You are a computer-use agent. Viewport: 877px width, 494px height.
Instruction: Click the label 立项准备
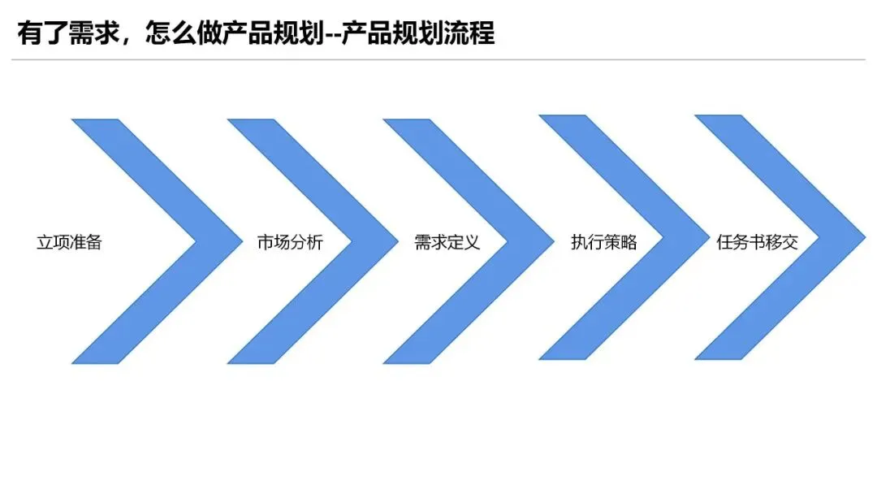(x=69, y=242)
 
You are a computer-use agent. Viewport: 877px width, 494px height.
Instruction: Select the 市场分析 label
(x=290, y=242)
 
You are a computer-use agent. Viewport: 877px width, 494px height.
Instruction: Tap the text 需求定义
(x=447, y=242)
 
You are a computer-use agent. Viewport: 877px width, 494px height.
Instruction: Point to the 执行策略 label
(x=603, y=242)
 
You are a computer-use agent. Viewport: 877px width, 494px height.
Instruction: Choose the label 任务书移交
(x=758, y=242)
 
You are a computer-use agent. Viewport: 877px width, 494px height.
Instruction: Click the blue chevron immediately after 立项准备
(x=203, y=241)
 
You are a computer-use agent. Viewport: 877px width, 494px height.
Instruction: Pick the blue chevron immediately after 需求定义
(x=520, y=241)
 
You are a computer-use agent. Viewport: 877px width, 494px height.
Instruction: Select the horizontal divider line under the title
(x=438, y=60)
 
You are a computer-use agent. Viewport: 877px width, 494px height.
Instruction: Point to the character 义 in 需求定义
(x=471, y=242)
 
